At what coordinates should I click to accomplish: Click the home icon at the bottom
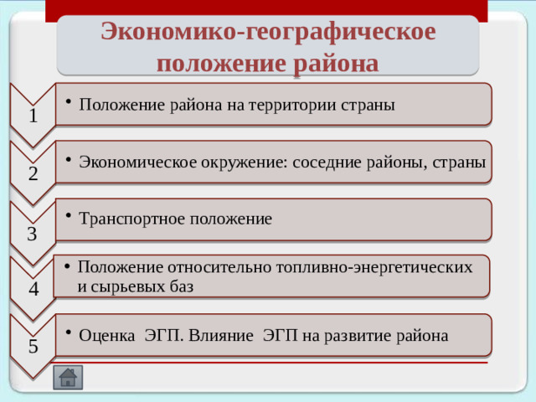(x=67, y=377)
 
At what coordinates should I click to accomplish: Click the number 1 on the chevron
(x=32, y=116)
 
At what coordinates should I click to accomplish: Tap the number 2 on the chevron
(x=32, y=174)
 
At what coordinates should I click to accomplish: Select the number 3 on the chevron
(x=32, y=233)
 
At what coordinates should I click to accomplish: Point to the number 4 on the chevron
(x=32, y=289)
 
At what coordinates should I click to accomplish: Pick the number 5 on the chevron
(x=32, y=345)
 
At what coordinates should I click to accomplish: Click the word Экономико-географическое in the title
(x=268, y=32)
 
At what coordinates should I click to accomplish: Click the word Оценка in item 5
(x=106, y=335)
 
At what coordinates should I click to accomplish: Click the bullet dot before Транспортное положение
(x=69, y=216)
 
